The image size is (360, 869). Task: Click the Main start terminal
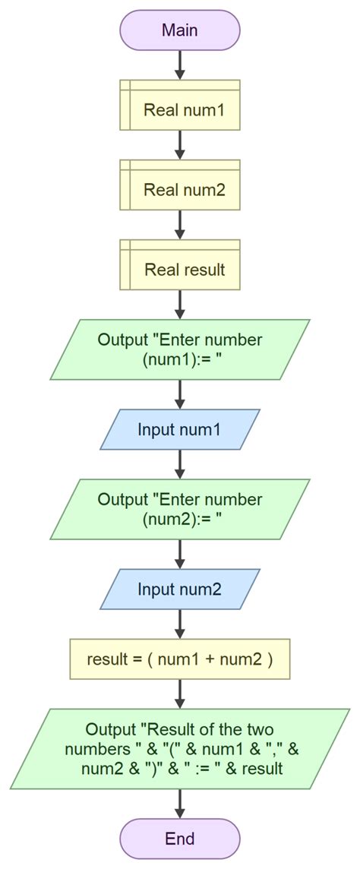coord(180,30)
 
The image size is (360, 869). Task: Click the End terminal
coord(180,839)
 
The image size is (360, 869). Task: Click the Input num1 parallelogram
coord(180,429)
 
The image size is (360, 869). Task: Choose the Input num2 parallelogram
coord(180,589)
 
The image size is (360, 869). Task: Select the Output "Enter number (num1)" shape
coord(180,349)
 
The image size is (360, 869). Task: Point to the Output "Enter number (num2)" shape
coord(180,509)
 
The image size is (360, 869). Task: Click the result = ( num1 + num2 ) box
coord(180,659)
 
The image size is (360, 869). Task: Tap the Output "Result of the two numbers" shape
coord(180,748)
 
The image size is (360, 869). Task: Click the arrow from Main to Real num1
coord(180,65)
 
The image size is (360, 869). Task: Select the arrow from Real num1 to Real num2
coord(180,144)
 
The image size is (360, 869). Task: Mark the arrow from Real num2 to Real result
coord(180,224)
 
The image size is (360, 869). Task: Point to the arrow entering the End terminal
coord(180,803)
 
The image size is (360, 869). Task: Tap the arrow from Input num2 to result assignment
coord(180,623)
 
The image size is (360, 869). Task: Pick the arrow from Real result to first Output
coord(180,304)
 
